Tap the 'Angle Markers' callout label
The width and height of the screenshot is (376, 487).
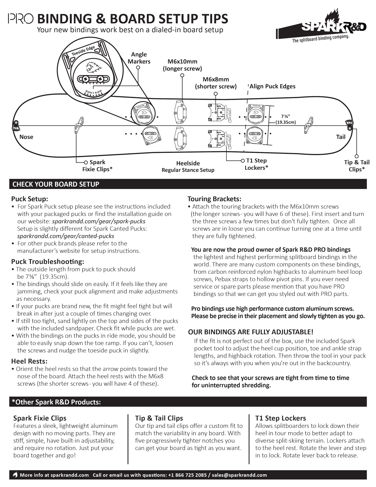(139, 58)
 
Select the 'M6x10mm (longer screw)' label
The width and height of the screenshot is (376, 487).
(182, 65)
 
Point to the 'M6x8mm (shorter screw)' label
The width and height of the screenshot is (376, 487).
(216, 83)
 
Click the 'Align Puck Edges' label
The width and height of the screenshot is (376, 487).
(272, 86)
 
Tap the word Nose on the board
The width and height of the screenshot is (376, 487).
(26, 137)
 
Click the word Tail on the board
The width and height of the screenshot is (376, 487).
(341, 137)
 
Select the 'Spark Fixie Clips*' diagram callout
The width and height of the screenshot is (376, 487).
(97, 166)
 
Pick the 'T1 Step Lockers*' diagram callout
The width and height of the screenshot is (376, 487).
(256, 164)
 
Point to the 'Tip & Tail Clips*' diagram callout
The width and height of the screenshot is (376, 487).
(357, 166)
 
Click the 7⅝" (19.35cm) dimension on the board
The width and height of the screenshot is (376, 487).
(286, 119)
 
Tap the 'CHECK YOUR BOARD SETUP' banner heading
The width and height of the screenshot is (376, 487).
(56, 184)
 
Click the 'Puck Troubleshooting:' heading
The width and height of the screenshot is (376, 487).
(48, 262)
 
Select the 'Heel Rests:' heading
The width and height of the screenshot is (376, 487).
(29, 361)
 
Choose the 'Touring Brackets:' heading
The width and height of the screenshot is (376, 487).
(214, 199)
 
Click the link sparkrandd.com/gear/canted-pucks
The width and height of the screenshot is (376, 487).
(66, 236)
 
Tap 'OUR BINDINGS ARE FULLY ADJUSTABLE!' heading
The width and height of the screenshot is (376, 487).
(251, 332)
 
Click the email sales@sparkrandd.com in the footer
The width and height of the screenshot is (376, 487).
(239, 475)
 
